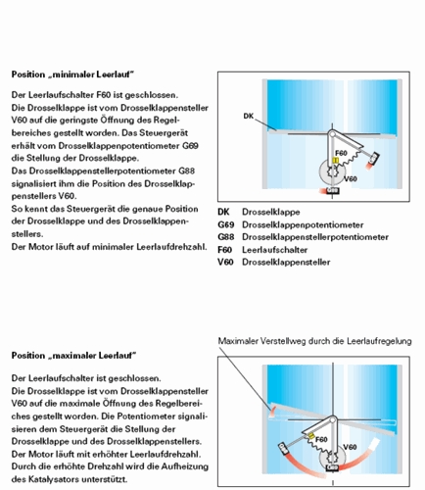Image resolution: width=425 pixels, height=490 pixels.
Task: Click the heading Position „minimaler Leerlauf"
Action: click(x=71, y=74)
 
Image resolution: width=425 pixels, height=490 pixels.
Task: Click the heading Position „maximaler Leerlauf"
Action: click(x=72, y=354)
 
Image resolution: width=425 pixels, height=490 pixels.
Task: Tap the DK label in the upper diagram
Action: click(x=247, y=116)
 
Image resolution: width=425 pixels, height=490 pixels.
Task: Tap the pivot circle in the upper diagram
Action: click(x=332, y=132)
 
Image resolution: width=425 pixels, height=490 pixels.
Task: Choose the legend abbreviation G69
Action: click(x=225, y=224)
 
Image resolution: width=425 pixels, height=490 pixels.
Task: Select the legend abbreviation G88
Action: click(x=225, y=237)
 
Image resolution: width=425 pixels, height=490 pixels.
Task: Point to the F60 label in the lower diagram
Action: click(x=321, y=440)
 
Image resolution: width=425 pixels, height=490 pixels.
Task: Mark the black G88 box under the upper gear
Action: click(x=332, y=192)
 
